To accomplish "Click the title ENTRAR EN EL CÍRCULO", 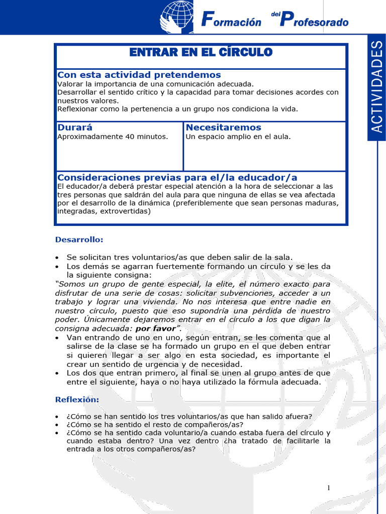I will point(201,53).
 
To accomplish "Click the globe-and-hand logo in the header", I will point(177,17).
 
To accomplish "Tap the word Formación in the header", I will point(231,21).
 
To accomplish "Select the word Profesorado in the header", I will point(314,21).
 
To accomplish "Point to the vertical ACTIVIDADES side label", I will point(377,86).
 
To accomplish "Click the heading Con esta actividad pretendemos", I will point(139,75).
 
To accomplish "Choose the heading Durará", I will point(75,127).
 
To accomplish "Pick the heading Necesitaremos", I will point(223,127).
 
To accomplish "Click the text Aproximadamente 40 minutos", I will point(113,137).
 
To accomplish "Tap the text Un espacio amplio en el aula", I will point(238,137).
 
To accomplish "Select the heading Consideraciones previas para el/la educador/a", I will point(177,178).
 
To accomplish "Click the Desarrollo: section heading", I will point(79,239).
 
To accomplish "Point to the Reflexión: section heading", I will point(77,400).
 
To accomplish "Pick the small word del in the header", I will point(274,14).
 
